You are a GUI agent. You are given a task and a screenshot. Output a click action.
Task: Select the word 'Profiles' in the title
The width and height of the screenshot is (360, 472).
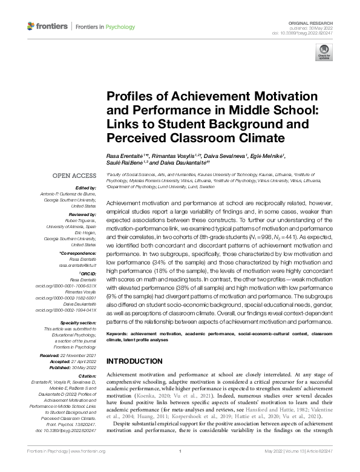tap(131, 97)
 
